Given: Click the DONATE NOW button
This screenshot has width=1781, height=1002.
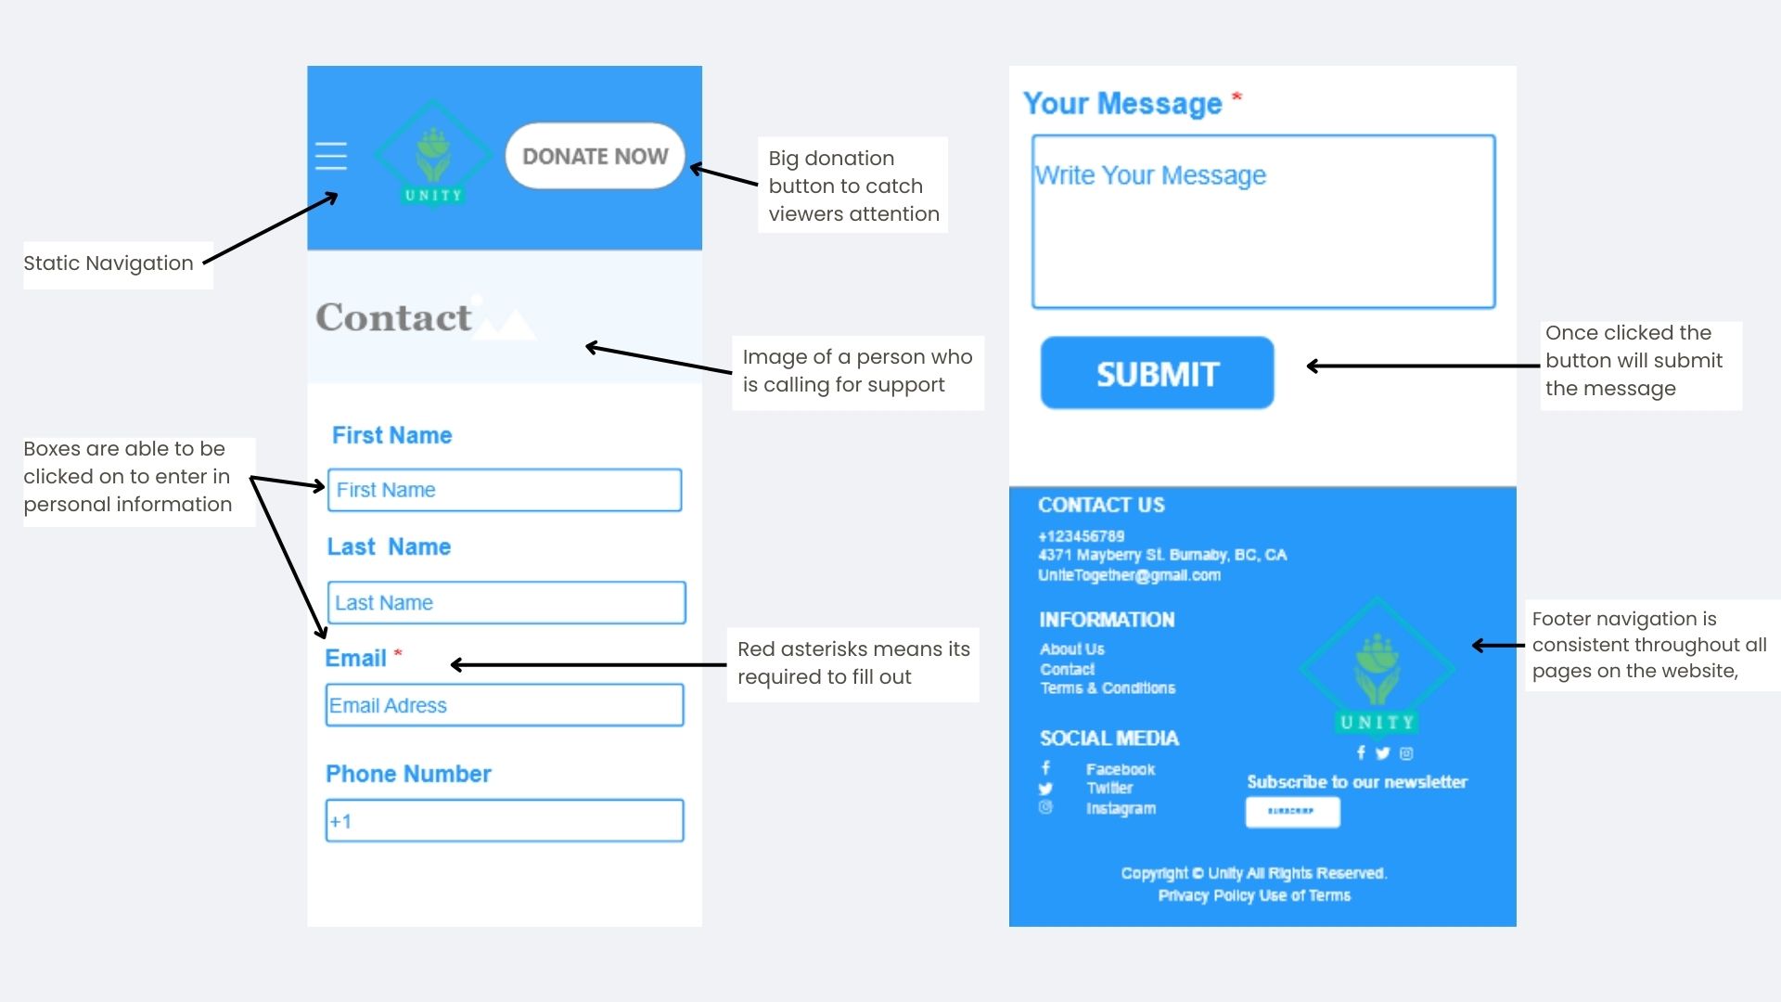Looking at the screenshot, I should tap(595, 156).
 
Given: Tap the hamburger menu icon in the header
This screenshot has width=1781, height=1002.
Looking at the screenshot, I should tap(330, 156).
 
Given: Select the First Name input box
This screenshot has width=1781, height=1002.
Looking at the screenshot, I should tap(505, 490).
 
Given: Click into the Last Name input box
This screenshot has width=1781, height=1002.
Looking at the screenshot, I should tap(506, 603).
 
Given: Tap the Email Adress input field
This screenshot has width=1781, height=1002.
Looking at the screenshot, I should tap(505, 705).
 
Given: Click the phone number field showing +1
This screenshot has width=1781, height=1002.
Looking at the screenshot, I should tap(505, 821).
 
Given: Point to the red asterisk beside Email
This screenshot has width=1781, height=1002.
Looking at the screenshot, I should tap(398, 653).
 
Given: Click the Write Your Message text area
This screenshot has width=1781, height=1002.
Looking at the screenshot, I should tap(1263, 223).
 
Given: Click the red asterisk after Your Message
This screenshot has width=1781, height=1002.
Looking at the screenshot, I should tap(1236, 96).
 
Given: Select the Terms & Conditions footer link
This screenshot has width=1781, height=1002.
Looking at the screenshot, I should tap(1108, 687).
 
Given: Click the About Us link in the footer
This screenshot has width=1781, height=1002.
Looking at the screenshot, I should tap(1072, 649).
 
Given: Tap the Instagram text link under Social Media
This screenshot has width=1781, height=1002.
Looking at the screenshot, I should tap(1121, 808).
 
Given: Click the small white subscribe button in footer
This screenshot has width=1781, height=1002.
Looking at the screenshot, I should tap(1292, 812).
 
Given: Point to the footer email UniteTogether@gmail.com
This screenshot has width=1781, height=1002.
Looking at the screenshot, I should tap(1129, 575).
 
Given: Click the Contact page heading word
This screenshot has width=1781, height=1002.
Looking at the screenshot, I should tap(394, 317).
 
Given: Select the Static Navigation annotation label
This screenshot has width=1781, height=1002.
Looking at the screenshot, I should tap(109, 263).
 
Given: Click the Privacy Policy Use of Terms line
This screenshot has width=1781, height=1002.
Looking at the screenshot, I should tap(1254, 895).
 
